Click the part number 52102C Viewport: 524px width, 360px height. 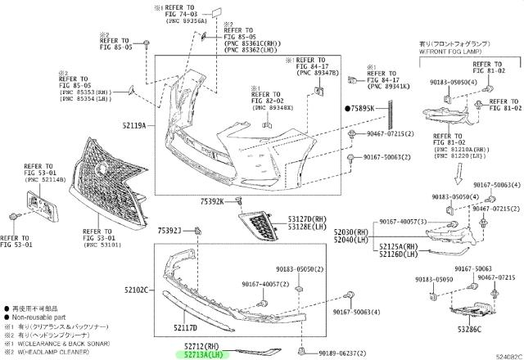[x=137, y=290]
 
